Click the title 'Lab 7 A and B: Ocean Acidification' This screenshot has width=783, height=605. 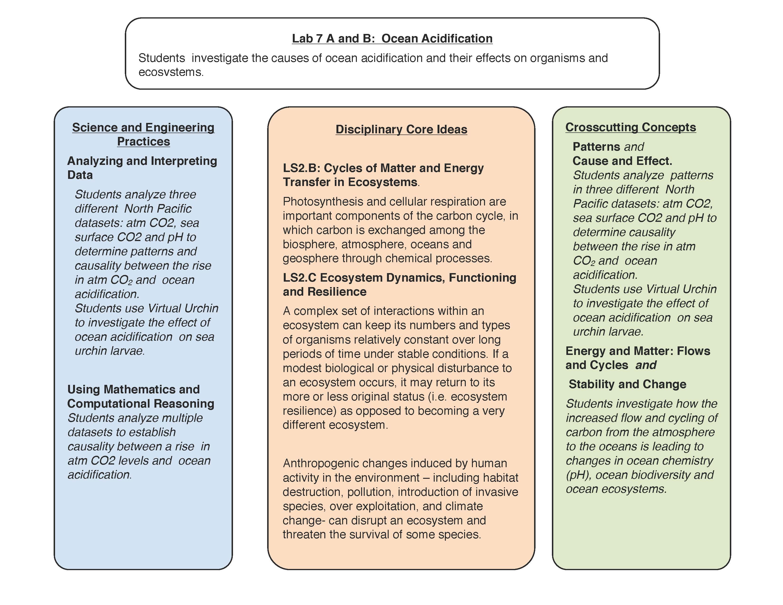point(392,38)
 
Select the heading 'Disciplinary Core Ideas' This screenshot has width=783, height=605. point(401,129)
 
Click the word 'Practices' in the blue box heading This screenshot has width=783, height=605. point(143,142)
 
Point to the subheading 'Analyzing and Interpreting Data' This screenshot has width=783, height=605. point(142,168)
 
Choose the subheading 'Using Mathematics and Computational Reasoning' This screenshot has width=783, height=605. point(140,396)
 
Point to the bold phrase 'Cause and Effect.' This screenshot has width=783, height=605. point(622,161)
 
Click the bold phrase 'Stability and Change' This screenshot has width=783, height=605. point(627,384)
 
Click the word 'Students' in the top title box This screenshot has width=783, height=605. point(162,58)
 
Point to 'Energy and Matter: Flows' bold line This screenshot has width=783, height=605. point(638,351)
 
